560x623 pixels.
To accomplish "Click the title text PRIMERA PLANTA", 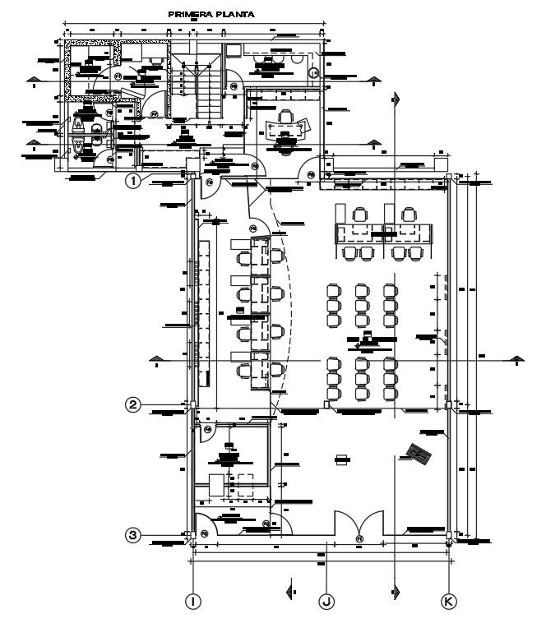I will click(211, 14).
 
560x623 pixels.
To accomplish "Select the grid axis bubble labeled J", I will click(326, 602).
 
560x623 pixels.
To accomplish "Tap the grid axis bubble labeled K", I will click(449, 602).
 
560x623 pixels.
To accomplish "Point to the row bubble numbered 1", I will click(132, 179).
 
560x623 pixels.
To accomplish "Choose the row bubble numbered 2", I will click(132, 404).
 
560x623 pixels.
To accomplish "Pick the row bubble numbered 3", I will click(132, 535).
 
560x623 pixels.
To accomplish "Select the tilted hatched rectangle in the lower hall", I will click(419, 453).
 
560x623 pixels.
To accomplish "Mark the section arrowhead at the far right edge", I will click(517, 358).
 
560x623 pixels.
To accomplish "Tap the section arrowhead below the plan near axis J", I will click(396, 591).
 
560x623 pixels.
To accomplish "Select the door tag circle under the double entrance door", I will click(359, 538).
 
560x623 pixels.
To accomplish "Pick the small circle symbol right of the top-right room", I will click(313, 72).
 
